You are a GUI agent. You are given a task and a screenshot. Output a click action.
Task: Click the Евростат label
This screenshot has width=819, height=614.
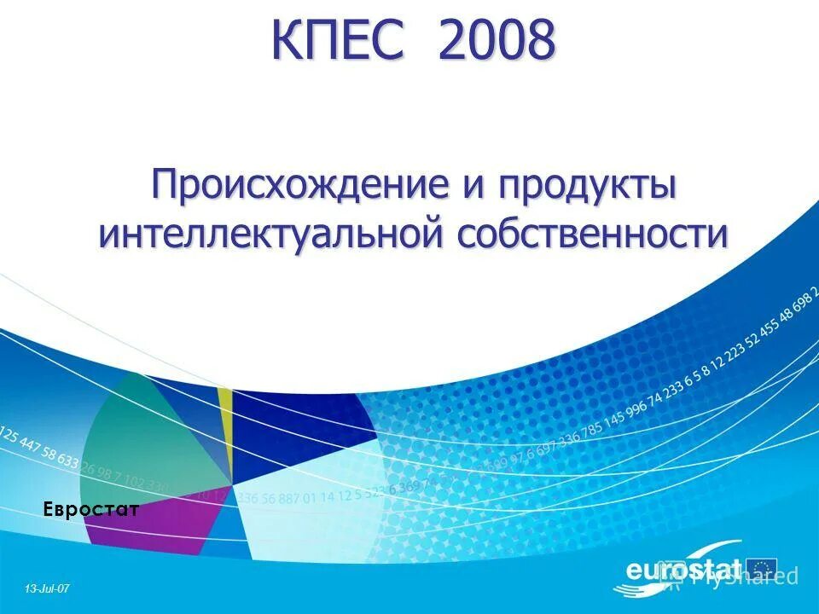click(x=91, y=510)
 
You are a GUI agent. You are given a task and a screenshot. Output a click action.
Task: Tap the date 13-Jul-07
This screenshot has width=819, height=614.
click(x=47, y=588)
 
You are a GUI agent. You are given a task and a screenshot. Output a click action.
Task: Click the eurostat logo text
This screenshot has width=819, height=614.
click(x=682, y=570)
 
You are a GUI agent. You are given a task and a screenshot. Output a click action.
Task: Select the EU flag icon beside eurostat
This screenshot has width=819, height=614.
click(x=762, y=568)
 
